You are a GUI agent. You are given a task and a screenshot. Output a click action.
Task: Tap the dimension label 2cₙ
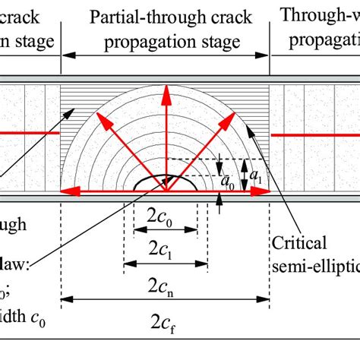pyautogui.click(x=165, y=286)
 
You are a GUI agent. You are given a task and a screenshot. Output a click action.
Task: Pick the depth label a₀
pyautogui.click(x=227, y=182)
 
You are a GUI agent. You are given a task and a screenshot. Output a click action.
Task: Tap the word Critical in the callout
pyautogui.click(x=302, y=244)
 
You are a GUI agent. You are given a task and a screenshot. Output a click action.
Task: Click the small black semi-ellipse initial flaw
pyautogui.click(x=166, y=185)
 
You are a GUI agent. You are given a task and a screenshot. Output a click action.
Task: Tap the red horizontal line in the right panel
pyautogui.click(x=315, y=135)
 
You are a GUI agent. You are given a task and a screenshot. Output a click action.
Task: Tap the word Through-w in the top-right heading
pyautogui.click(x=319, y=16)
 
